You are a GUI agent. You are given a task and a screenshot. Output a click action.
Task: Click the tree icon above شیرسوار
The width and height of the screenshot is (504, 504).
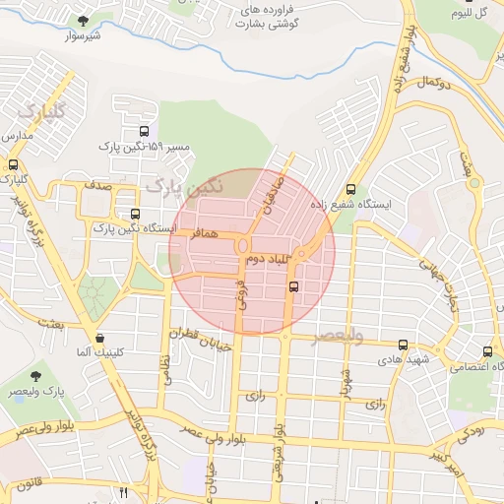pos(84,21)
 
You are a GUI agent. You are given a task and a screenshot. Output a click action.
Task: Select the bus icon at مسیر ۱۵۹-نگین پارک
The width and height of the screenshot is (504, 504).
pos(145,131)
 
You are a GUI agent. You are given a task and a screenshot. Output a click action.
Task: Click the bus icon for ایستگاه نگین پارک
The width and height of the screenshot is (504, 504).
pos(135,214)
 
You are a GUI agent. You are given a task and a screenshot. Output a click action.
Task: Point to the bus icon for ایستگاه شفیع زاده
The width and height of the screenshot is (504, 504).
pos(351,190)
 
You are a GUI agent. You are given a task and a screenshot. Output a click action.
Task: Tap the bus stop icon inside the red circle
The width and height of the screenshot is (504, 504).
pos(293,286)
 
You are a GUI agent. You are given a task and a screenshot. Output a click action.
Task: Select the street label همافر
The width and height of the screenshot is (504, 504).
pos(196,235)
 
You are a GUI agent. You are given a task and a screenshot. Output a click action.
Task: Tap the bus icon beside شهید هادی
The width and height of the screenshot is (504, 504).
pos(404,345)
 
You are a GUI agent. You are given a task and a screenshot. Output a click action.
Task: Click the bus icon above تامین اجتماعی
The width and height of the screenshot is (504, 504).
pos(488,351)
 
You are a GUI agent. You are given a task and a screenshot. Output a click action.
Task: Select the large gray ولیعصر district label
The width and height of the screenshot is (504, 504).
pos(338,337)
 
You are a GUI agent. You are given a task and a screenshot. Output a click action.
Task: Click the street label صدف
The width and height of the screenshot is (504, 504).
pos(96,185)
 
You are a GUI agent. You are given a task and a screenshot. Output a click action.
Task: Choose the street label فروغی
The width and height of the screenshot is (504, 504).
pos(238,292)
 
